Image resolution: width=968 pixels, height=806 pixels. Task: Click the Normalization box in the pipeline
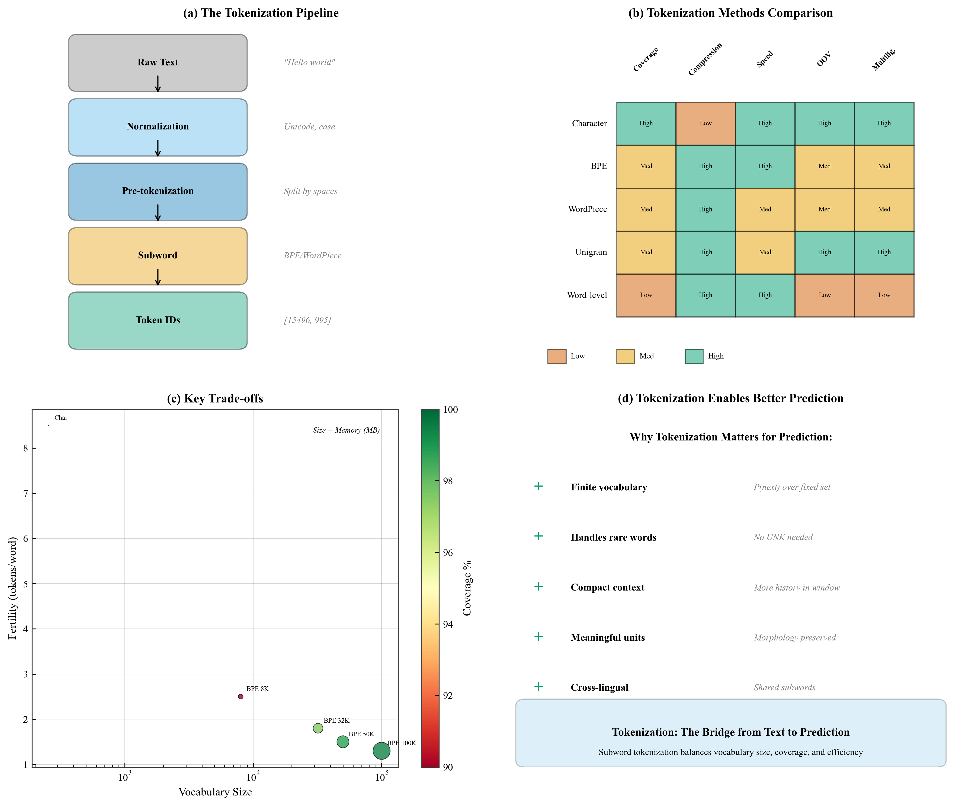pos(158,127)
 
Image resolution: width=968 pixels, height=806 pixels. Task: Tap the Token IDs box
pos(158,320)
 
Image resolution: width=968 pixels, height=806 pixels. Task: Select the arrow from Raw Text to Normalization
pos(158,84)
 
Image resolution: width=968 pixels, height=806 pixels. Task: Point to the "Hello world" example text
pos(309,62)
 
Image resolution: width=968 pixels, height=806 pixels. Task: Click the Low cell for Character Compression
pos(705,124)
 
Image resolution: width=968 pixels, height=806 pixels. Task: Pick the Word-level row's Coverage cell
pos(646,295)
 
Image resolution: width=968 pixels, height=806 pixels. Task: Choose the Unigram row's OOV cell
pos(824,252)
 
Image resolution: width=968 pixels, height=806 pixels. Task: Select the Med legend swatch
pos(625,356)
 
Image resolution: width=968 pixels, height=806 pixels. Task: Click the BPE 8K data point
pos(241,697)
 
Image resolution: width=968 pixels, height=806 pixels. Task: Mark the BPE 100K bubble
pos(381,751)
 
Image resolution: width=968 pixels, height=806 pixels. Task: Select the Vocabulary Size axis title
pos(215,792)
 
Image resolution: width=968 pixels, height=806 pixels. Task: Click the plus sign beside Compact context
pos(539,586)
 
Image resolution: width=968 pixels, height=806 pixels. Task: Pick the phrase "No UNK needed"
pos(783,537)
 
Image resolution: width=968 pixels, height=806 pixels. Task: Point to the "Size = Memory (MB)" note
pos(346,430)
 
